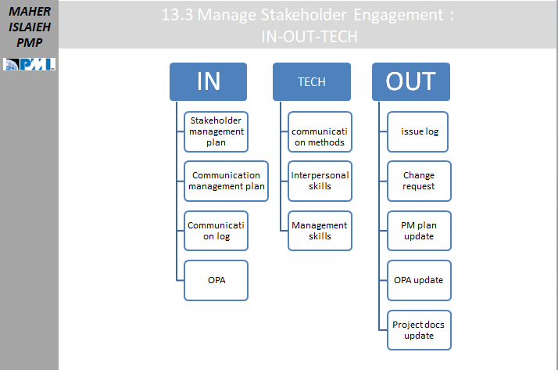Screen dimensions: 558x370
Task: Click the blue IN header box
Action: (x=208, y=81)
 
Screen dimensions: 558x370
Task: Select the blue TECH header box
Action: (x=312, y=81)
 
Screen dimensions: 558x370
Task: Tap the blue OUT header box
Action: (x=411, y=81)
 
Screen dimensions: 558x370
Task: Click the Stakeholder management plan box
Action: (x=216, y=131)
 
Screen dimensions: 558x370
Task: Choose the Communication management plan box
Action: (x=227, y=181)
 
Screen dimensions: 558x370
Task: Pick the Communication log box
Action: (x=216, y=231)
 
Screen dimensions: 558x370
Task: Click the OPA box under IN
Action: (x=216, y=280)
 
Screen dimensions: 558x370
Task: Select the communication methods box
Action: (x=320, y=131)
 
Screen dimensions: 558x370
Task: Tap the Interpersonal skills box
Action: (x=320, y=181)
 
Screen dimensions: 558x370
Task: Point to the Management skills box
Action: (x=320, y=231)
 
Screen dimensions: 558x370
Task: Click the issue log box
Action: (x=417, y=131)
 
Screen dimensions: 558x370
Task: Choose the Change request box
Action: (x=419, y=181)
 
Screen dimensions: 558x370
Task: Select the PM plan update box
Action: (x=419, y=231)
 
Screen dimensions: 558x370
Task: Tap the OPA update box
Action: (x=419, y=280)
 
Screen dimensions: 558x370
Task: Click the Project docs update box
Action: (x=419, y=330)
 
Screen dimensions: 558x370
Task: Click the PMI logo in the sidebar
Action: (x=29, y=64)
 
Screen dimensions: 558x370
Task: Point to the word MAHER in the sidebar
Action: (x=30, y=12)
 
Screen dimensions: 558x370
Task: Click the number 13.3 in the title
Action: (x=177, y=15)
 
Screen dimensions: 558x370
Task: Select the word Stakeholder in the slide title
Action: (x=303, y=15)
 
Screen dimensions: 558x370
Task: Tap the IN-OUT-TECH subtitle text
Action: (x=309, y=37)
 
